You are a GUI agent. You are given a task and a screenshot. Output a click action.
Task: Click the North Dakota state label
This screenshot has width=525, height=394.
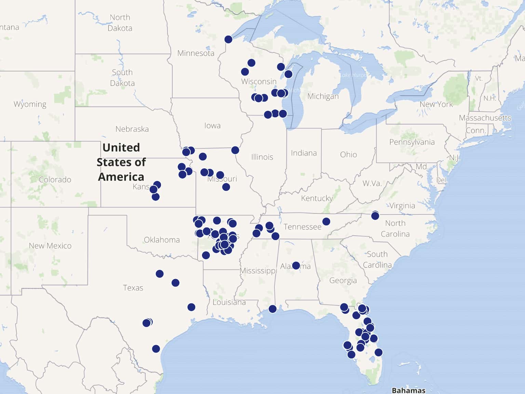(120, 23)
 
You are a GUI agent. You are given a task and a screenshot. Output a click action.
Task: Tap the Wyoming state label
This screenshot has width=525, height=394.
(30, 104)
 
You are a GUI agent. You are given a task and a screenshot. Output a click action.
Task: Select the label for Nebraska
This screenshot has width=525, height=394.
(132, 129)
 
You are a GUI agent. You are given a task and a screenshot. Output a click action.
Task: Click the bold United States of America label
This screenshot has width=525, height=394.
(121, 162)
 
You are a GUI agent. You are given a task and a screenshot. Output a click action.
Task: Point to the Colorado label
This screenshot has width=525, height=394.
(55, 180)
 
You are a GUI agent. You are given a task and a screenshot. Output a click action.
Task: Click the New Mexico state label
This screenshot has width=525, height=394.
(50, 246)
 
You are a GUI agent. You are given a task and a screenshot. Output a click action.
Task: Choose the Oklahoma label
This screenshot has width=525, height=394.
(162, 240)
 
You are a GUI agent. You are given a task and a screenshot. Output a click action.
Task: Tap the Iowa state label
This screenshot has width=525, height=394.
(212, 126)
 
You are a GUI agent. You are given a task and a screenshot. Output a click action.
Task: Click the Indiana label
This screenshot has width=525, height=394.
(304, 153)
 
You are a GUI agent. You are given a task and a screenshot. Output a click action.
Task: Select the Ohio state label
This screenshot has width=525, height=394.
(348, 155)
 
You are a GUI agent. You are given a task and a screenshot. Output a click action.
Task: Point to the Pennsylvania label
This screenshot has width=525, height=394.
(412, 142)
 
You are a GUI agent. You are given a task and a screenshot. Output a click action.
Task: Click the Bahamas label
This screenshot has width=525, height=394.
(408, 390)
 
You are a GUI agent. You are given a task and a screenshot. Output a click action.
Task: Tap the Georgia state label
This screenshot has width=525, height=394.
(343, 280)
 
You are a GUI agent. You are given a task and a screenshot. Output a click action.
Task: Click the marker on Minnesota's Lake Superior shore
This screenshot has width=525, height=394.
(228, 39)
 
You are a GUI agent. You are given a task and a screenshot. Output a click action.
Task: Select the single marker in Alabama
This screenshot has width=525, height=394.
(296, 265)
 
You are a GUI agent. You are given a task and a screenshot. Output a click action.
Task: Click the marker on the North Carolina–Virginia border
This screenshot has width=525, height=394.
(375, 215)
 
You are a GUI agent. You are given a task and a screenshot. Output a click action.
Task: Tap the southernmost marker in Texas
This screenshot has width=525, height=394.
(156, 349)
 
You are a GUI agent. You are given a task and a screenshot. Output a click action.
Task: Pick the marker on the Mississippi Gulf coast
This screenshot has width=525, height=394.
(272, 309)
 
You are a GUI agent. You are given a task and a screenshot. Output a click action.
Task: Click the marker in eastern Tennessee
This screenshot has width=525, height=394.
(326, 222)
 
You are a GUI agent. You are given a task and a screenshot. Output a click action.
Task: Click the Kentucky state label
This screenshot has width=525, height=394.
(317, 198)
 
